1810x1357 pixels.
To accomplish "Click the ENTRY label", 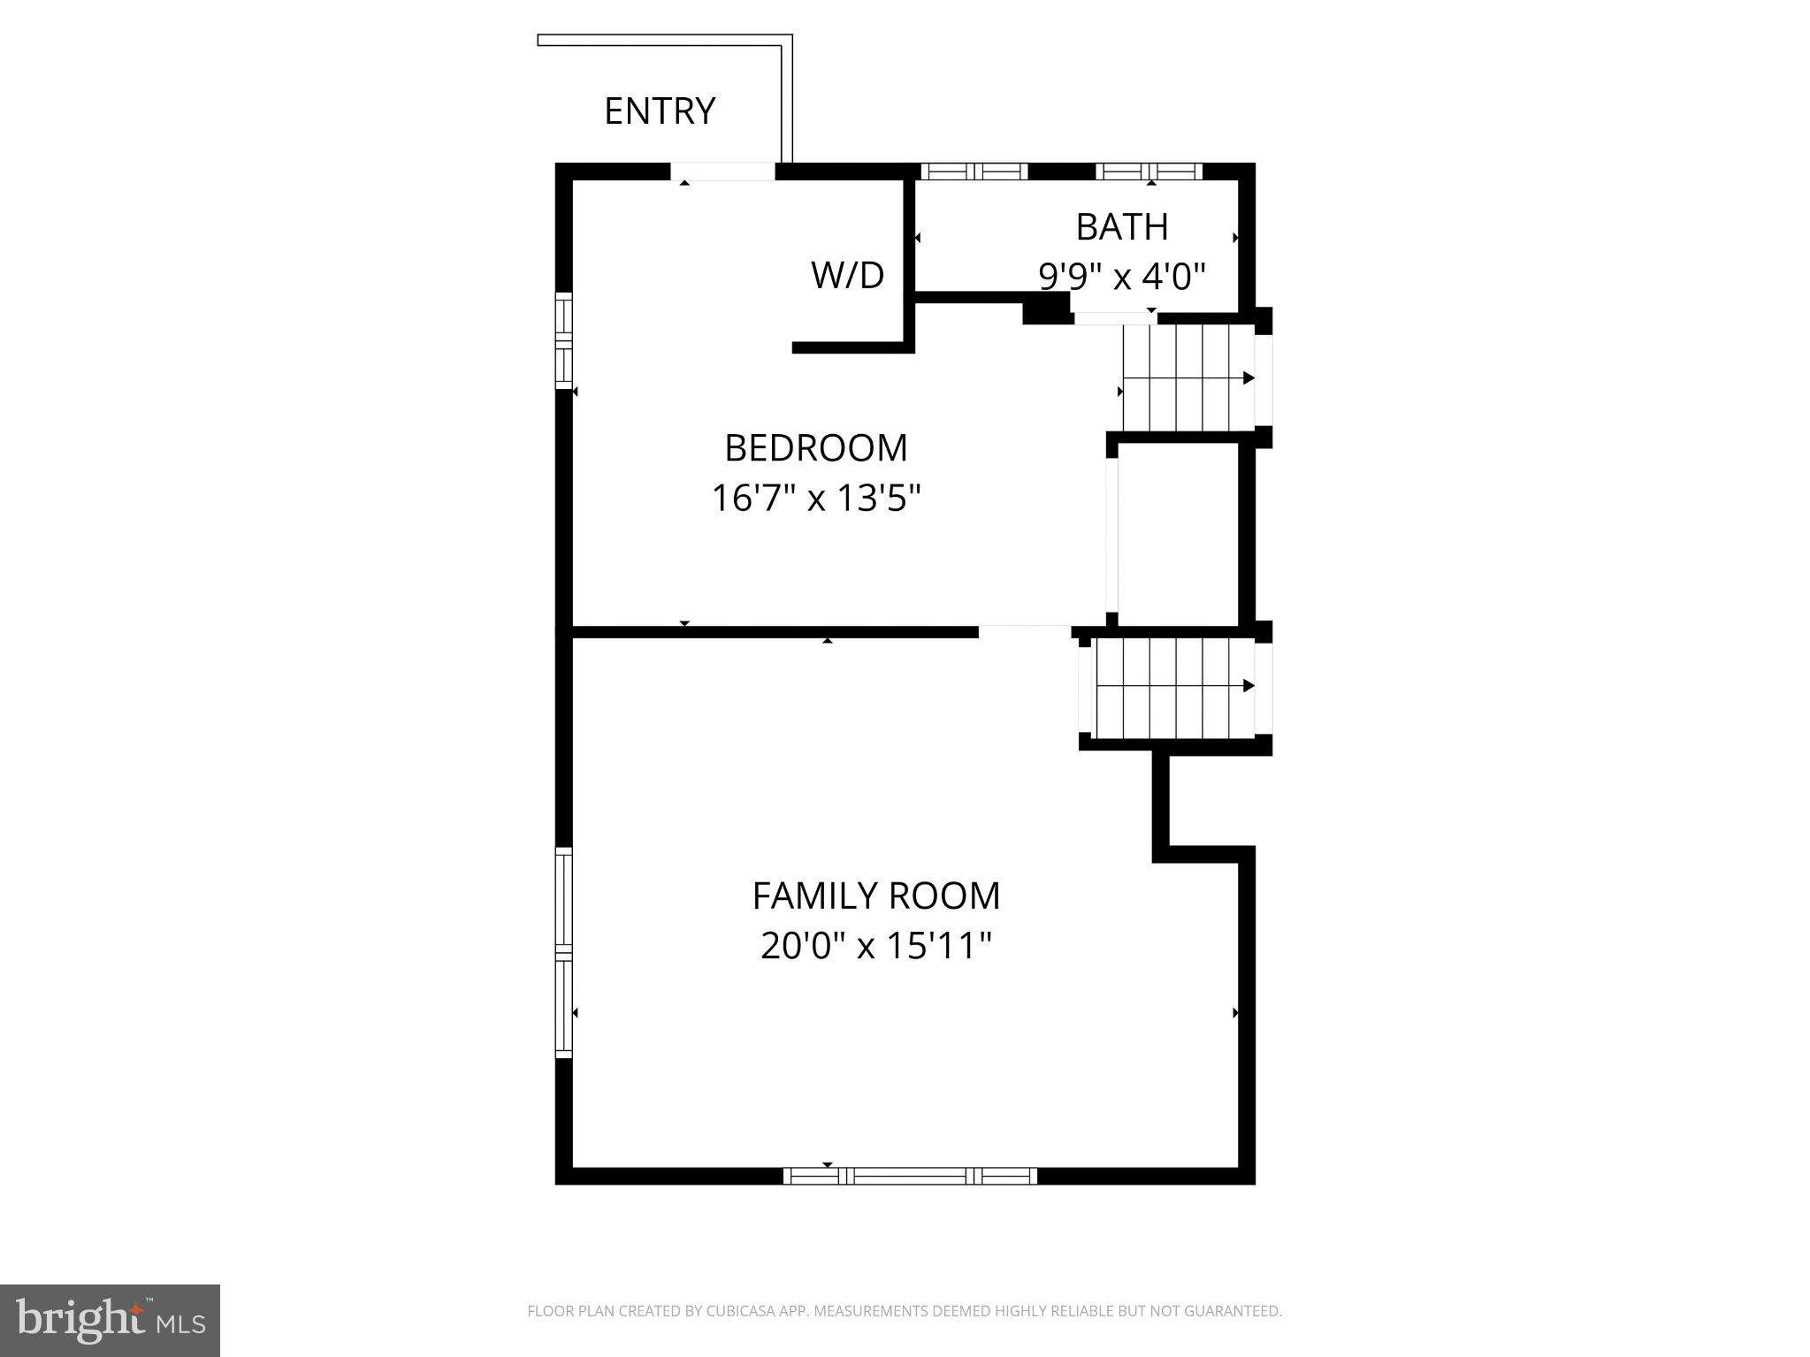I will tap(660, 111).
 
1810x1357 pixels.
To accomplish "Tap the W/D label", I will tap(847, 276).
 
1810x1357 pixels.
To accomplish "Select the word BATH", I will tap(1121, 227).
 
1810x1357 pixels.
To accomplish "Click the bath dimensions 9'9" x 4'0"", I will tap(1121, 277).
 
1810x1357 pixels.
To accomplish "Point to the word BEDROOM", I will tap(815, 448).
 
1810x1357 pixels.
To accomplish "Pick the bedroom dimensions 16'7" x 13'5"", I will tap(815, 499).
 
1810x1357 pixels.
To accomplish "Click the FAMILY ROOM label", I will tap(875, 896).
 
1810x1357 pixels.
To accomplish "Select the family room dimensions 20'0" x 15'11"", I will tap(875, 946).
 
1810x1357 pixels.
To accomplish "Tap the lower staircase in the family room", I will tap(1173, 687).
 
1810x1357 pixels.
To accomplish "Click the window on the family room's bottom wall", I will tap(910, 1176).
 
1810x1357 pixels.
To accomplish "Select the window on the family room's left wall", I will tap(563, 952).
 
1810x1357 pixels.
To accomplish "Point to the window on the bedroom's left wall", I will tap(563, 340).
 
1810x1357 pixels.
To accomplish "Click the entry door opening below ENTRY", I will tap(722, 172).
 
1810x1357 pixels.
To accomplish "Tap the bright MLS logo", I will tap(110, 1320).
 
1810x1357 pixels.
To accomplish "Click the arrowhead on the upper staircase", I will tap(1249, 378).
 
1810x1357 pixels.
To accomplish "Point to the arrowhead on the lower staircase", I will tap(1249, 685).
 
